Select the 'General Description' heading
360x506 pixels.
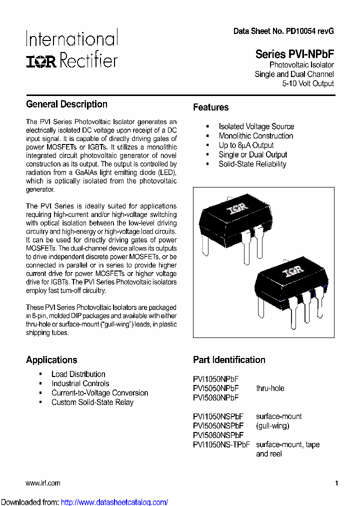point(66,104)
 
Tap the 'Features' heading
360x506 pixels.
point(210,107)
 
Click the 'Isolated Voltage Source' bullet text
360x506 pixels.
point(256,126)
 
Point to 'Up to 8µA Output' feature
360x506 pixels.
point(246,145)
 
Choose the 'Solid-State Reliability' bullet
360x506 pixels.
point(252,164)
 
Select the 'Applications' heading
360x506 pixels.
point(51,359)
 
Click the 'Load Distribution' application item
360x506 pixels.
point(78,374)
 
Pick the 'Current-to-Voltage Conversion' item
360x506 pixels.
point(99,393)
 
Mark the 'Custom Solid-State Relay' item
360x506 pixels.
point(92,402)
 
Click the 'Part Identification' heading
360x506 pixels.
point(229,359)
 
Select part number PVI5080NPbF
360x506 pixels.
point(215,397)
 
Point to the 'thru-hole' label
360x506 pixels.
point(270,388)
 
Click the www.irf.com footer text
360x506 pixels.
point(43,483)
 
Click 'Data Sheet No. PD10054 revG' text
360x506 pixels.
point(283,31)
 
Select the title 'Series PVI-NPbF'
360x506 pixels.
point(294,54)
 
